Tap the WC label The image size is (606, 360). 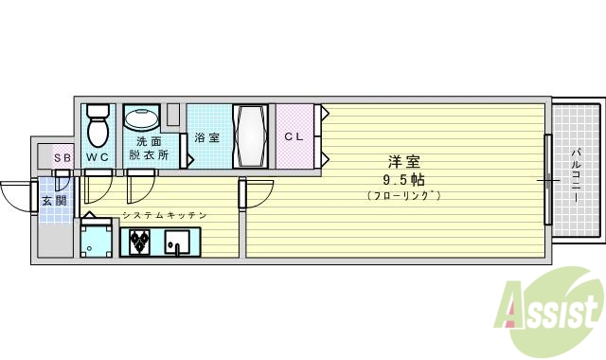tap(97, 156)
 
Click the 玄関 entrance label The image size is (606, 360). tap(55, 201)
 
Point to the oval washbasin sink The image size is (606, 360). tap(143, 120)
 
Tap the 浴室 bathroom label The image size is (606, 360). tap(207, 137)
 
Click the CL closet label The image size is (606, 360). tap(294, 136)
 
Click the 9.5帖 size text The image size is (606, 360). tap(403, 178)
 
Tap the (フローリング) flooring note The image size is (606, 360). tap(403, 195)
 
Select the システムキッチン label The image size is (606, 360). tap(164, 216)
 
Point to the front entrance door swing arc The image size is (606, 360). tap(15, 197)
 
